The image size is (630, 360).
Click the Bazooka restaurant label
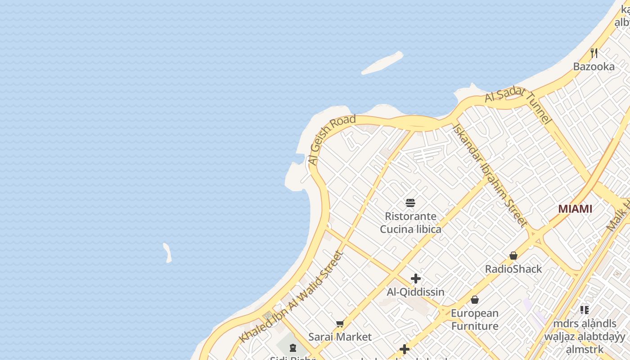[594, 67]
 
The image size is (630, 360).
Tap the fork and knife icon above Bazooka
[594, 53]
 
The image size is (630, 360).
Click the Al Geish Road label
[331, 139]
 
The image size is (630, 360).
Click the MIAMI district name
[575, 209]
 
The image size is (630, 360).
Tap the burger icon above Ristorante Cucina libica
[410, 202]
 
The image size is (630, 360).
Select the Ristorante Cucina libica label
[410, 223]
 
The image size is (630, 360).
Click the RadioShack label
[513, 269]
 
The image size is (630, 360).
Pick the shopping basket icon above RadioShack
[513, 256]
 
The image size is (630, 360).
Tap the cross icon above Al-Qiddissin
[416, 279]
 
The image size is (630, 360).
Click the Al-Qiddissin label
[416, 292]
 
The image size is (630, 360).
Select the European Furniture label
[475, 319]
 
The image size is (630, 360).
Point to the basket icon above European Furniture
[475, 300]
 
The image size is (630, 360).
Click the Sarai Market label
[340, 337]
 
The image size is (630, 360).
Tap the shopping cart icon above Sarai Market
[340, 324]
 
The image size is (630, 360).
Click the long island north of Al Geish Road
[382, 63]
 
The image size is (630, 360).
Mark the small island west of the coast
[167, 253]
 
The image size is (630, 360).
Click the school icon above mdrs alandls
[584, 310]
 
